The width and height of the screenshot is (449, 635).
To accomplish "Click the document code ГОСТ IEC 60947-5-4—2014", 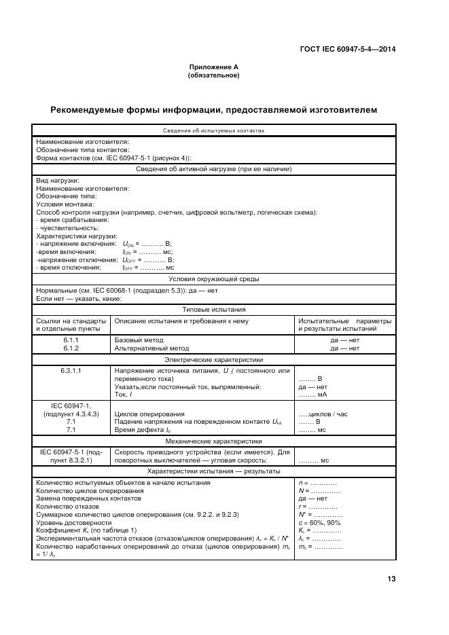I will (348, 48).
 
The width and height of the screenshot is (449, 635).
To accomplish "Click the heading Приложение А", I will (213, 68).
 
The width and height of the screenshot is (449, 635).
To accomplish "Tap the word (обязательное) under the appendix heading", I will (213, 75).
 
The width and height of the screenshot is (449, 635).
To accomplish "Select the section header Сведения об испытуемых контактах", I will (213, 131).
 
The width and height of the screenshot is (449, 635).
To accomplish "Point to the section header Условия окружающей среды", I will (213, 278).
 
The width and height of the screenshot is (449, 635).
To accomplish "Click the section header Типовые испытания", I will (213, 308).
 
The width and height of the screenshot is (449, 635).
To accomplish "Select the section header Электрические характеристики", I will (213, 359).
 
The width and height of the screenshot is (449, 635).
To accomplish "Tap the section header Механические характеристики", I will (213, 440).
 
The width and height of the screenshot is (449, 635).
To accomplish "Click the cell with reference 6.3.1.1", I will (72, 371).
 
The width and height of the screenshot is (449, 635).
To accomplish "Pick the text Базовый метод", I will (139, 340).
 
